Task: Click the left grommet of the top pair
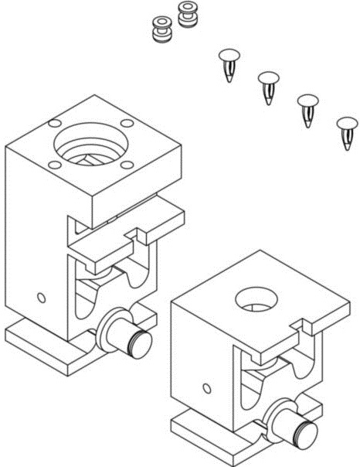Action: pyautogui.click(x=161, y=31)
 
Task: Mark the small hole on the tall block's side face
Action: pyautogui.click(x=40, y=296)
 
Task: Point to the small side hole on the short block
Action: pyautogui.click(x=205, y=387)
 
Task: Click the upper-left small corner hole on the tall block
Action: pyautogui.click(x=53, y=123)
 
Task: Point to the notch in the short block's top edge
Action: pyautogui.click(x=299, y=328)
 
